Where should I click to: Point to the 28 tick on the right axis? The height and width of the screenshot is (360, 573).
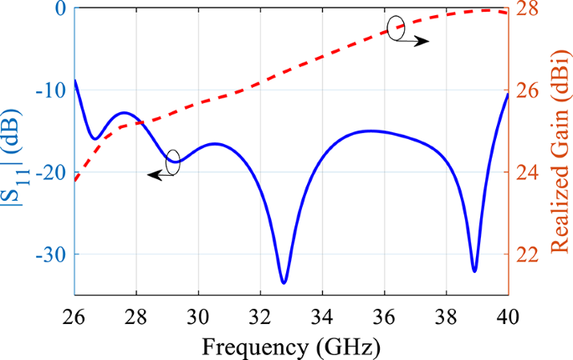click(526, 9)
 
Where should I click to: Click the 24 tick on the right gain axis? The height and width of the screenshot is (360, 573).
click(526, 172)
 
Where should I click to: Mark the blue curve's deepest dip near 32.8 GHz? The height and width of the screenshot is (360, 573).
click(284, 282)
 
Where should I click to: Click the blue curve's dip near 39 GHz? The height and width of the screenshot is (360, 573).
click(474, 270)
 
